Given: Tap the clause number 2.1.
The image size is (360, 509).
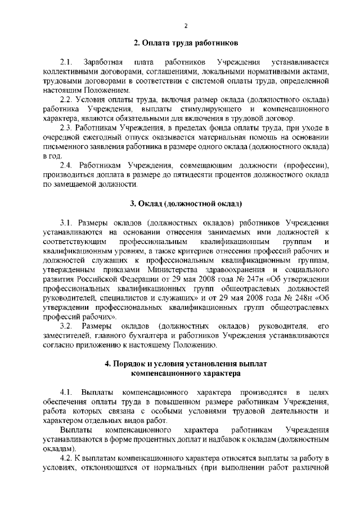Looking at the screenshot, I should coord(66,61).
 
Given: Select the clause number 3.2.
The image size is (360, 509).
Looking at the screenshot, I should coord(66,326).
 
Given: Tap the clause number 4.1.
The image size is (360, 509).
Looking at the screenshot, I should coord(66,391).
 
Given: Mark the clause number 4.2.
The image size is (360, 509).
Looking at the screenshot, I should coord(66,459).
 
